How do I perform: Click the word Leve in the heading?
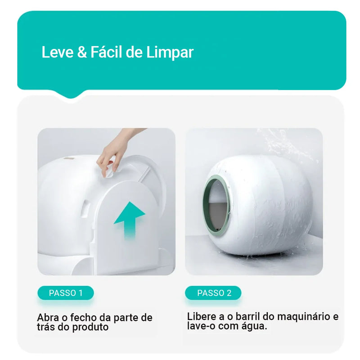(57, 52)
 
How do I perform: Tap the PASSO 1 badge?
(66, 293)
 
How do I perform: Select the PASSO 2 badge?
(214, 293)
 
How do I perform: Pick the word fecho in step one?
(83, 318)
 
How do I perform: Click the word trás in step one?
(47, 327)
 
